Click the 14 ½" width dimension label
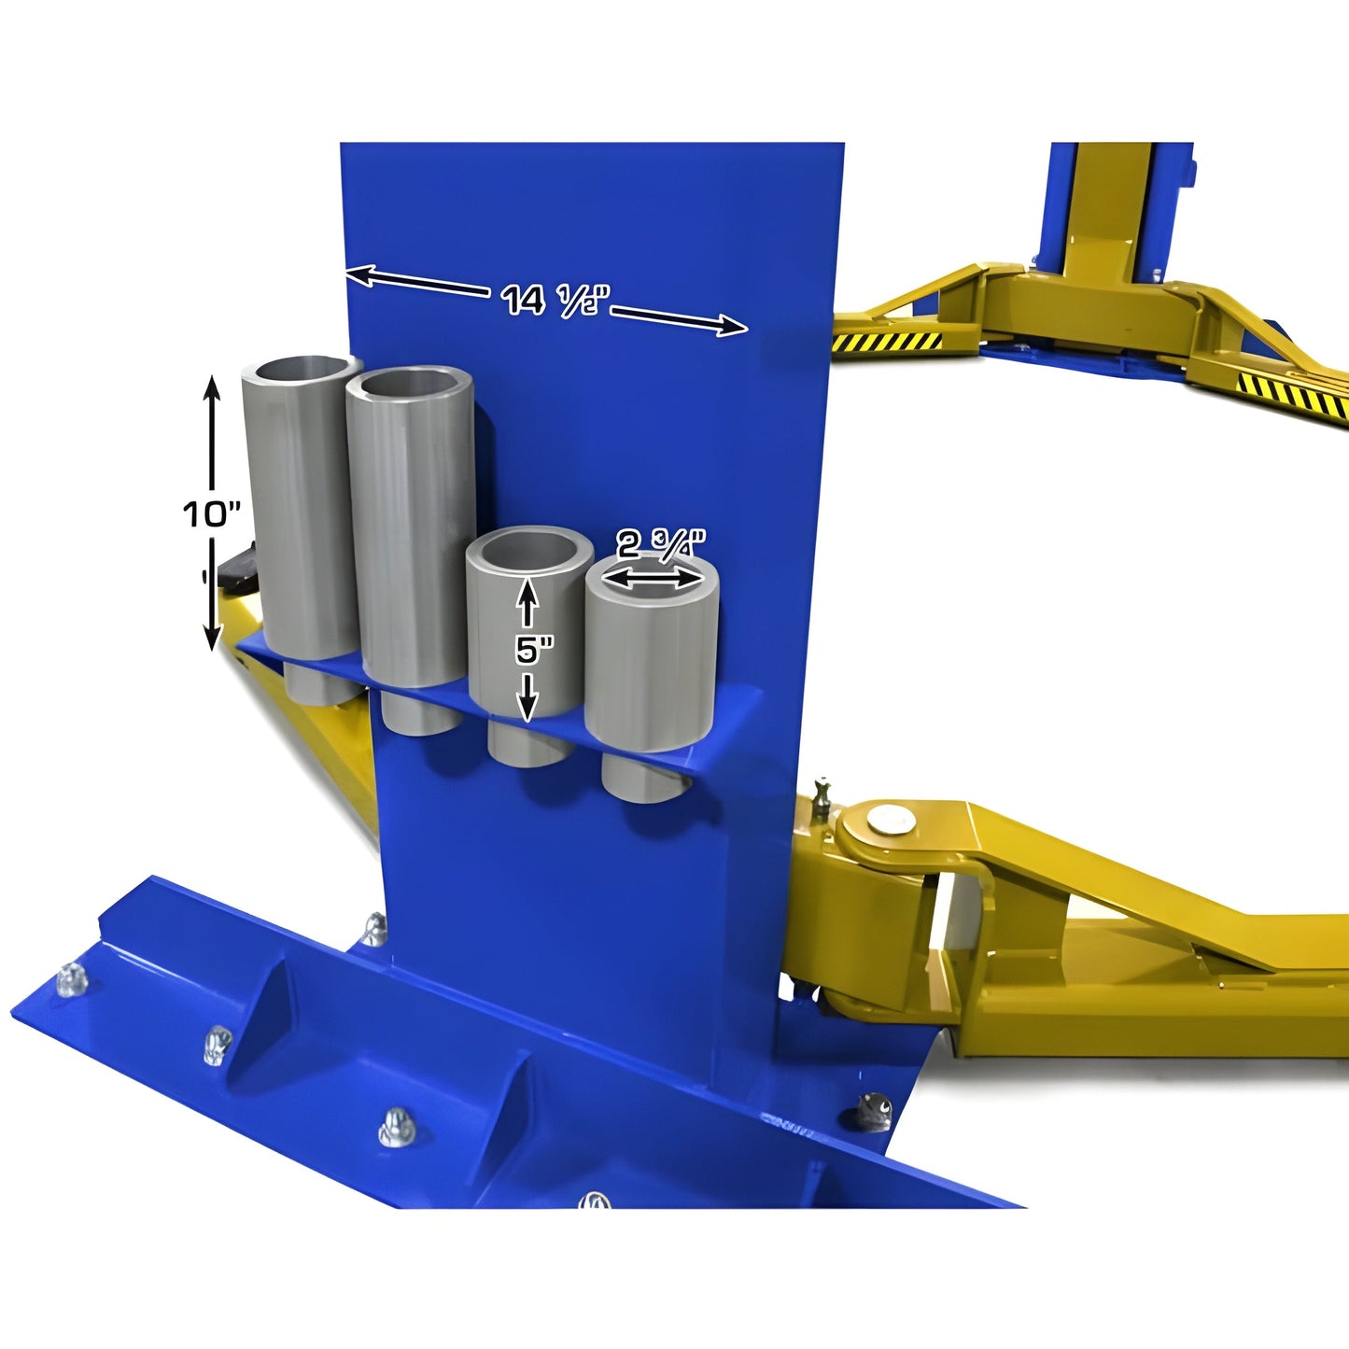pyautogui.click(x=556, y=300)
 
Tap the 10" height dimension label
pyautogui.click(x=212, y=513)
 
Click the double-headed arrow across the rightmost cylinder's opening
pyautogui.click(x=652, y=580)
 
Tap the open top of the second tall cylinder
pyautogui.click(x=409, y=383)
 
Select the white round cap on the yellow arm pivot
pyautogui.click(x=885, y=820)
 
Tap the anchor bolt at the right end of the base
pyautogui.click(x=876, y=1111)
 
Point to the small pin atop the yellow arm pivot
pyautogui.click(x=822, y=795)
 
